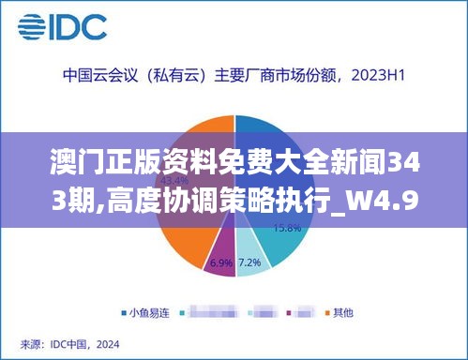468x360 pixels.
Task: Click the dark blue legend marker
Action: point(124,311)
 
